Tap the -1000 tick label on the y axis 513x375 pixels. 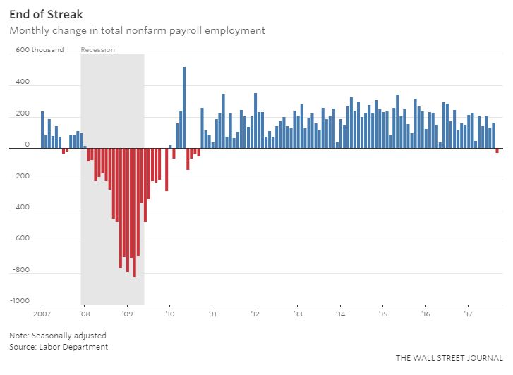coord(20,301)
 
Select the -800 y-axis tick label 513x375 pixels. coord(21,270)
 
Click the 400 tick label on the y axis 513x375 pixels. coord(23,82)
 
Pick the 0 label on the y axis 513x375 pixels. coord(27,145)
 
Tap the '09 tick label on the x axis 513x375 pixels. coord(127,313)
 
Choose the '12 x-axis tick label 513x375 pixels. coord(255,313)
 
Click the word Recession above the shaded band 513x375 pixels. coord(98,49)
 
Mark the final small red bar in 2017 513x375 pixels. coord(497,150)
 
